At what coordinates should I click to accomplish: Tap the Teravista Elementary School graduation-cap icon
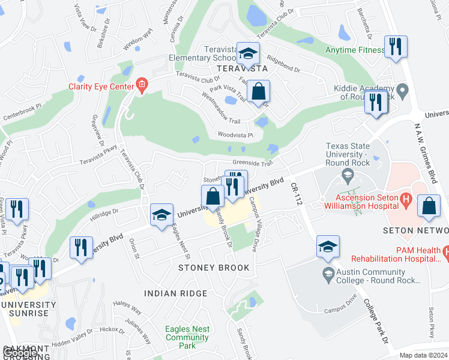[x=247, y=53]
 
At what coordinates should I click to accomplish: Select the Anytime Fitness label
[x=354, y=50]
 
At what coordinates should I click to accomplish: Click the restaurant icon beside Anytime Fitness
[x=396, y=47]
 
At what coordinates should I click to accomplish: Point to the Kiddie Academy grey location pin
[x=403, y=91]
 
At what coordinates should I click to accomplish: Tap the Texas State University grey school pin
[x=347, y=175]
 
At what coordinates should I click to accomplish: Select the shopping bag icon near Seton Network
[x=430, y=205]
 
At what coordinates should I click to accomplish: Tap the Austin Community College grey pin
[x=328, y=275]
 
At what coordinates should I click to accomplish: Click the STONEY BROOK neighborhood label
[x=213, y=268]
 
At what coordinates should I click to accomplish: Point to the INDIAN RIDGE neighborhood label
[x=175, y=293]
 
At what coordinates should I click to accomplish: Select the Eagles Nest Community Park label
[x=187, y=337]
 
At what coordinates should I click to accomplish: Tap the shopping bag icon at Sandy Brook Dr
[x=213, y=196]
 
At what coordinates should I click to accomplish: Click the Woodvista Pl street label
[x=237, y=135]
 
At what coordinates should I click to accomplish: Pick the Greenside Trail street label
[x=253, y=163]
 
